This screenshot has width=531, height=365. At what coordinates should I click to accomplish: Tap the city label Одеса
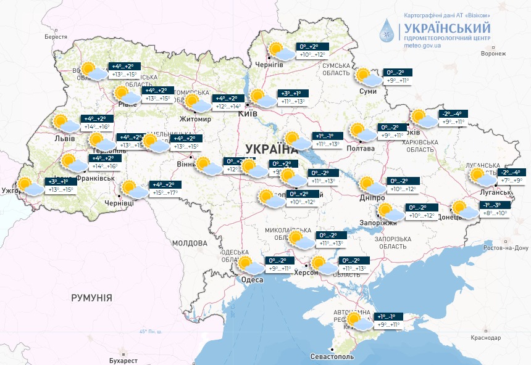point(251,280)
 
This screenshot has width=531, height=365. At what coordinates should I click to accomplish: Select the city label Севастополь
point(332,356)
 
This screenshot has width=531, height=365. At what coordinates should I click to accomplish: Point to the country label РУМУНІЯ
point(91,298)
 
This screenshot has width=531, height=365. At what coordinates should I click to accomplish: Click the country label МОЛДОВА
point(189,244)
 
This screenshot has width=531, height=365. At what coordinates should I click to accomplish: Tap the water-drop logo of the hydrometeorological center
point(388,30)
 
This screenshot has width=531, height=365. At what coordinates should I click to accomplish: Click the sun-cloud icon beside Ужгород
point(29,186)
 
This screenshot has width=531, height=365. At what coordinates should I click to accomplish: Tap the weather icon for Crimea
point(359,321)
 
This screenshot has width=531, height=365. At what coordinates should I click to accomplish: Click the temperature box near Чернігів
point(313,51)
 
